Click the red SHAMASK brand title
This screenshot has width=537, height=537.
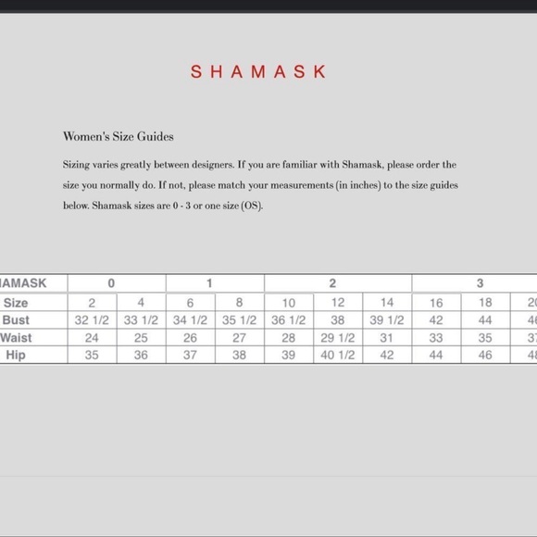[x=258, y=71]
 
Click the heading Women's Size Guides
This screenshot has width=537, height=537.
[x=119, y=136]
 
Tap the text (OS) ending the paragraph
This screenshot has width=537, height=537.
[x=251, y=206]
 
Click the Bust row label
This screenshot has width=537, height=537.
[x=16, y=319]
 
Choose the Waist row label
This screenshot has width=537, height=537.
[x=15, y=337]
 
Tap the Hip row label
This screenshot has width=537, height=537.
[x=16, y=355]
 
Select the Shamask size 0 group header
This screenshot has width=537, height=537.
[x=111, y=283]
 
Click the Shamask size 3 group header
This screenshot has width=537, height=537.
[x=480, y=283]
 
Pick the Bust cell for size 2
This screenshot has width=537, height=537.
[x=93, y=319]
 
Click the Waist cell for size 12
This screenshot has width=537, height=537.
[x=338, y=337]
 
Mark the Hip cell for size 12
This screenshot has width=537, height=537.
[x=338, y=355]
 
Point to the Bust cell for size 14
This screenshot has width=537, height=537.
[x=387, y=319]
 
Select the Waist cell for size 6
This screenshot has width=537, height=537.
[x=191, y=337]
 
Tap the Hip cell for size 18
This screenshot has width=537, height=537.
[x=484, y=355]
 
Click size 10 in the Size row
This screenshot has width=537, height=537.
[x=289, y=303]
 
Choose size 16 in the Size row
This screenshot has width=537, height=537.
[x=436, y=303]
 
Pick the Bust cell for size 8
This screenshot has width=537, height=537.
[x=240, y=319]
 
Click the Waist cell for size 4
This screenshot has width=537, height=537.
[x=141, y=337]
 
